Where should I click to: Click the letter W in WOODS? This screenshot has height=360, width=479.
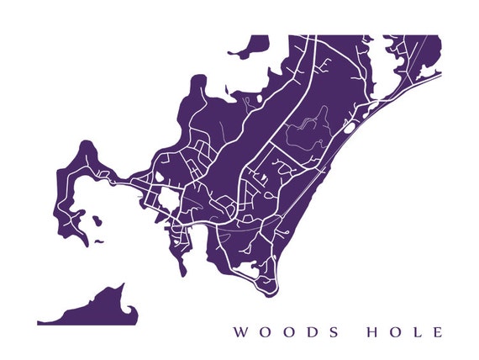[x=239, y=332]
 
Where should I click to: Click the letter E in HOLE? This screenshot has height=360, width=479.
[x=436, y=332]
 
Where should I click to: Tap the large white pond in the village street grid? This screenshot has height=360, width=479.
[x=167, y=199]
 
